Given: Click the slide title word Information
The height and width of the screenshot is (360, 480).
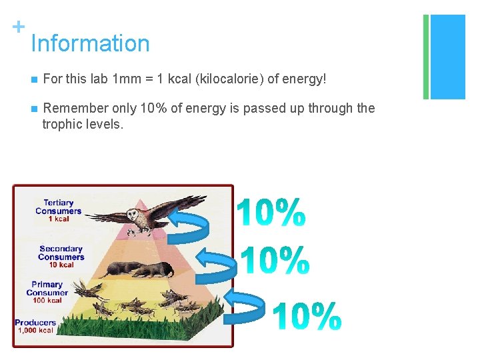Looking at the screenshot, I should tap(90, 43).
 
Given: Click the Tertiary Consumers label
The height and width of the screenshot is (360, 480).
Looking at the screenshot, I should tap(59, 207).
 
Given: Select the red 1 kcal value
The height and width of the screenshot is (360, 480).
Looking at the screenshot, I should tap(58, 219).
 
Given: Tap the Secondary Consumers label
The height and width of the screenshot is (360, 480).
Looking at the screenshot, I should tap(61, 253).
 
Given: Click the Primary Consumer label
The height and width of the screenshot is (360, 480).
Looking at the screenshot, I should tap(47, 288).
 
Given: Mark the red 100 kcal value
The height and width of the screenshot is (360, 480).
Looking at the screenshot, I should tap(47, 300).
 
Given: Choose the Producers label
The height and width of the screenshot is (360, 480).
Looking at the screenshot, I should tap(35, 323).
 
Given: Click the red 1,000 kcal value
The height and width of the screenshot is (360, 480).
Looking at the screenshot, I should tap(36, 331).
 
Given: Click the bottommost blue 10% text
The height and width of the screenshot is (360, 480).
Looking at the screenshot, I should tap(307, 317).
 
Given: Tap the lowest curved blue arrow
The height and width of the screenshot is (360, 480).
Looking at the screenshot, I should tap(246, 305).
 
